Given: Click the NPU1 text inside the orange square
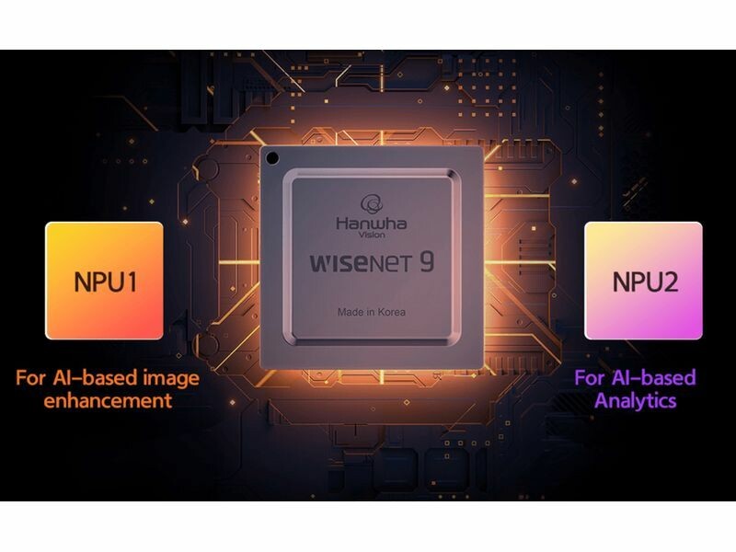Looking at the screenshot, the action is tap(105, 282).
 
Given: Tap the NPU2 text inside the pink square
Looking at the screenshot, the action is tap(645, 282).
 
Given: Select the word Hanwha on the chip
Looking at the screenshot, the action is tap(372, 224).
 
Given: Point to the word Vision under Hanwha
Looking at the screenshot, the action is tap(372, 235).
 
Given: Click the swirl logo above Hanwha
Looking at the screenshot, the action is tap(372, 204).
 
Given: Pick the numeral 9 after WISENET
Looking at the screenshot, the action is tap(427, 262).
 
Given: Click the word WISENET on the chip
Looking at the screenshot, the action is tap(361, 263).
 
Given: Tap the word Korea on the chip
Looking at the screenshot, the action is tap(392, 312).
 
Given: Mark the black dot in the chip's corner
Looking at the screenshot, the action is tap(272, 158).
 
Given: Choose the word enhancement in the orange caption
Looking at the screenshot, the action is tap(108, 401).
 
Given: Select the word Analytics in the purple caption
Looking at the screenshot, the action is tap(636, 401).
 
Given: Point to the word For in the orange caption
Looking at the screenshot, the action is tap(31, 377).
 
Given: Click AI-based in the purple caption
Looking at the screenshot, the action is tap(654, 377).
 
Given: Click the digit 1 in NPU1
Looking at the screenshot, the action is tap(131, 282).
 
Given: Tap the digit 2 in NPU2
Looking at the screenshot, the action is tap(671, 282).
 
